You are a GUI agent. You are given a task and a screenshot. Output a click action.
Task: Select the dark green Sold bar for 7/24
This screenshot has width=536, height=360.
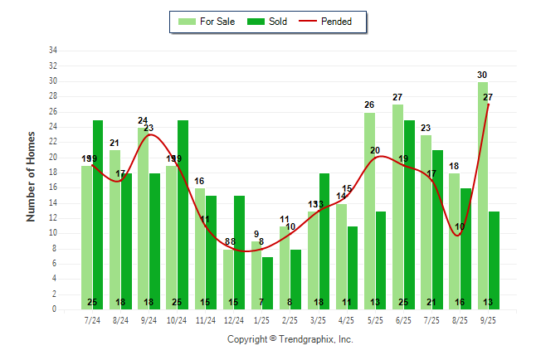click(98, 215)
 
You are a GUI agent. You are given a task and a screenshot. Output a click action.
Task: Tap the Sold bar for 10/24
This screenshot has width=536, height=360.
click(183, 215)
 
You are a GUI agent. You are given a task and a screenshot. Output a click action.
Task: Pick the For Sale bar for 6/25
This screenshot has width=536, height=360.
click(397, 207)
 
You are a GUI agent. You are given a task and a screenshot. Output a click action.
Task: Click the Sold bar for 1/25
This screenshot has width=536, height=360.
click(267, 283)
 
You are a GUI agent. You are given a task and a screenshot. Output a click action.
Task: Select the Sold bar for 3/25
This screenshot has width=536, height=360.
click(324, 241)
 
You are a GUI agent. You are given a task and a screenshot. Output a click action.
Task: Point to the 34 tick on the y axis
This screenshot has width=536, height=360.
click(53, 51)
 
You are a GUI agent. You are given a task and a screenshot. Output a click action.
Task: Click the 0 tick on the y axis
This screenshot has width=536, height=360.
click(55, 309)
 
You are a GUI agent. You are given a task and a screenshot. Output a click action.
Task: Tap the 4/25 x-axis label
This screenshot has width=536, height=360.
click(346, 320)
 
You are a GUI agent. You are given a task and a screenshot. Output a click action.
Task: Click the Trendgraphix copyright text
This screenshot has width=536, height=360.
click(290, 339)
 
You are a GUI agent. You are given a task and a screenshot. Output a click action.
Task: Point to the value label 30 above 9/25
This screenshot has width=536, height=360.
click(482, 75)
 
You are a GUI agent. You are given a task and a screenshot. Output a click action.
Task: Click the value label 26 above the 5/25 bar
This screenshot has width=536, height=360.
click(369, 105)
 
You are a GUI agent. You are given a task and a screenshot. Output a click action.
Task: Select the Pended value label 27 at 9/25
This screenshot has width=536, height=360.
click(488, 97)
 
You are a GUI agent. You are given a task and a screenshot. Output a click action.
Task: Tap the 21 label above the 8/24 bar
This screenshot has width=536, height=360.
click(115, 144)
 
